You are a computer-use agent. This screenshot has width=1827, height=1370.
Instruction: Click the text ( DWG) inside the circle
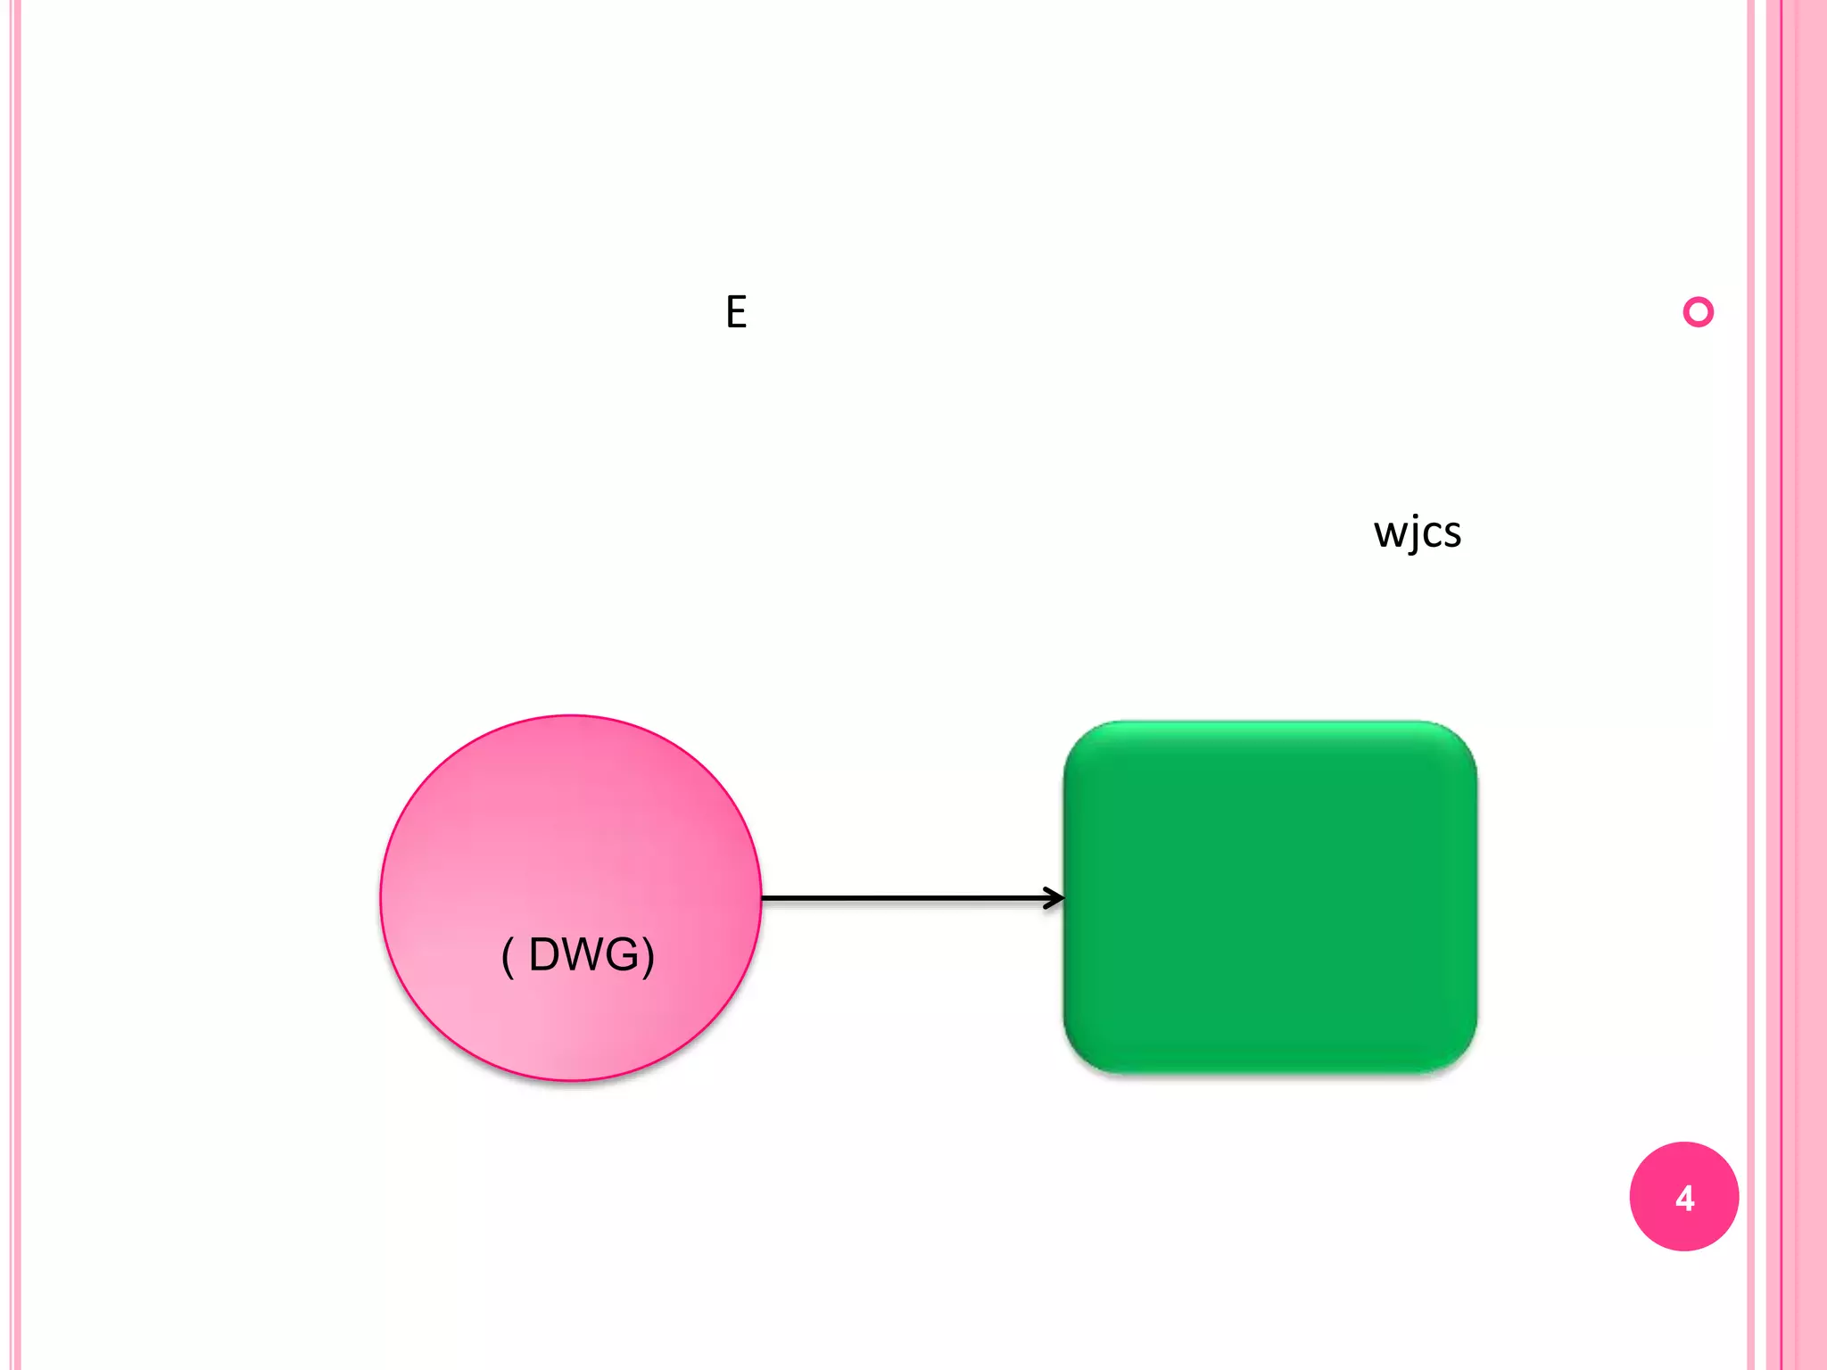click(578, 955)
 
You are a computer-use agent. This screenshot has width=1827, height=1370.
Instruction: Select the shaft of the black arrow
click(901, 898)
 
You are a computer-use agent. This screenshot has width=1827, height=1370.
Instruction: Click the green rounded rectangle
click(1269, 896)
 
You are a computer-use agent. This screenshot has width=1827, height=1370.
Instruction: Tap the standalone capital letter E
click(736, 312)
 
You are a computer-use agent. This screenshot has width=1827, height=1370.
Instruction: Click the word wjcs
click(1417, 532)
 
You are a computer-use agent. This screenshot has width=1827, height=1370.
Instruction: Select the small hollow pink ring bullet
click(1698, 312)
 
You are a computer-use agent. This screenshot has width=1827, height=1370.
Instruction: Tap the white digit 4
click(1684, 1198)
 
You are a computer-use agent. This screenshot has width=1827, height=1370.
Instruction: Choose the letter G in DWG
click(624, 955)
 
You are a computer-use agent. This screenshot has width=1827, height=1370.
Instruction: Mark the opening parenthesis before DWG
click(508, 957)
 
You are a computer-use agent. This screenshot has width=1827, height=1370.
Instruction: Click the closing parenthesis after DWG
click(649, 957)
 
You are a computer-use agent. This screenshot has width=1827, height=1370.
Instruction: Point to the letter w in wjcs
click(1389, 533)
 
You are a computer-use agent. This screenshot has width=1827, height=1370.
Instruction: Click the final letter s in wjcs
click(1451, 533)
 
